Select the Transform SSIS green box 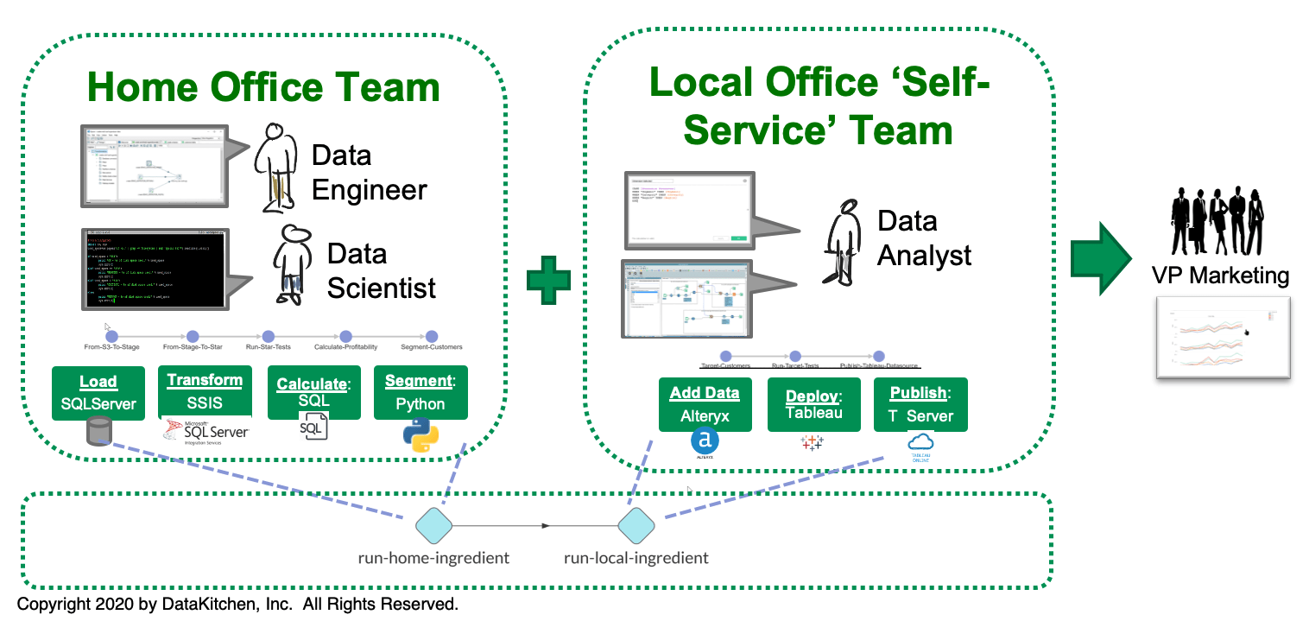[x=205, y=390]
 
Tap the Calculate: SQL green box [x=313, y=392]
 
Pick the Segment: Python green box [x=421, y=392]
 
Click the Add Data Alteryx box [x=705, y=403]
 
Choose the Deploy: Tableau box [x=813, y=403]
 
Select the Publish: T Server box [x=920, y=403]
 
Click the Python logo [x=421, y=434]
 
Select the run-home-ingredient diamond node [x=433, y=524]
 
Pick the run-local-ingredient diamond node [x=636, y=524]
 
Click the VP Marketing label [x=1220, y=276]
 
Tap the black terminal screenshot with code [x=153, y=268]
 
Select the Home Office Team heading [x=263, y=87]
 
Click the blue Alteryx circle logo [x=705, y=441]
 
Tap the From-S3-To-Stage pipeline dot [x=111, y=336]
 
